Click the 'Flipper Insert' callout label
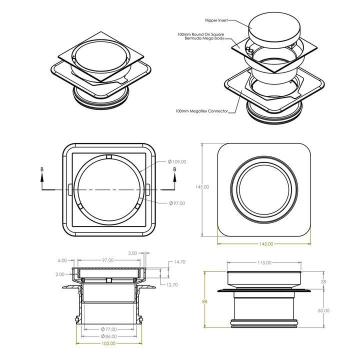(216, 20)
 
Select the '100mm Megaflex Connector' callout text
(201, 111)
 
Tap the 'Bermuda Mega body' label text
(204, 38)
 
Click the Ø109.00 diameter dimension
(177, 161)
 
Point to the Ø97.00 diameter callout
(177, 203)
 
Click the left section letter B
(42, 169)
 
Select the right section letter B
(174, 169)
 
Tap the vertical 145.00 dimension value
(202, 187)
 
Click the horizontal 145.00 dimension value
(266, 244)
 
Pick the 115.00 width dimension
(264, 262)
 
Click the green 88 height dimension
(204, 301)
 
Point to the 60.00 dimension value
(323, 310)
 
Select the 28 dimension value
(323, 281)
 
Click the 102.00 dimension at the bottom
(108, 343)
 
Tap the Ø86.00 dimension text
(108, 336)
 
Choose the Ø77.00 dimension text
(108, 329)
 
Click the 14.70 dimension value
(179, 262)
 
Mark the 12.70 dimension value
(172, 285)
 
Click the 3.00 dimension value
(132, 253)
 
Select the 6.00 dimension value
(62, 260)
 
